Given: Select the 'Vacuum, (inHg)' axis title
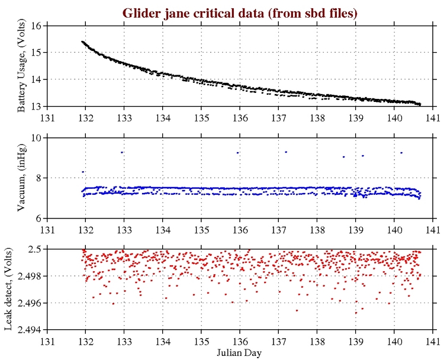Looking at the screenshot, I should pos(22,178).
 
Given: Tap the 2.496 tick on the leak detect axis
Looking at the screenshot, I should pos(30,303).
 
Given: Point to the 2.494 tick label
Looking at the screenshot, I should pos(30,330).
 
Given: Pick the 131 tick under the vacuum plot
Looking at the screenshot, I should pos(48,228).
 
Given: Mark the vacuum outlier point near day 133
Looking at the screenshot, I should pos(121,152).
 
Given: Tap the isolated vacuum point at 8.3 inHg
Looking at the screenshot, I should pos(83,172).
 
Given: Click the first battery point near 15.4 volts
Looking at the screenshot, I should pos(82,41).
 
